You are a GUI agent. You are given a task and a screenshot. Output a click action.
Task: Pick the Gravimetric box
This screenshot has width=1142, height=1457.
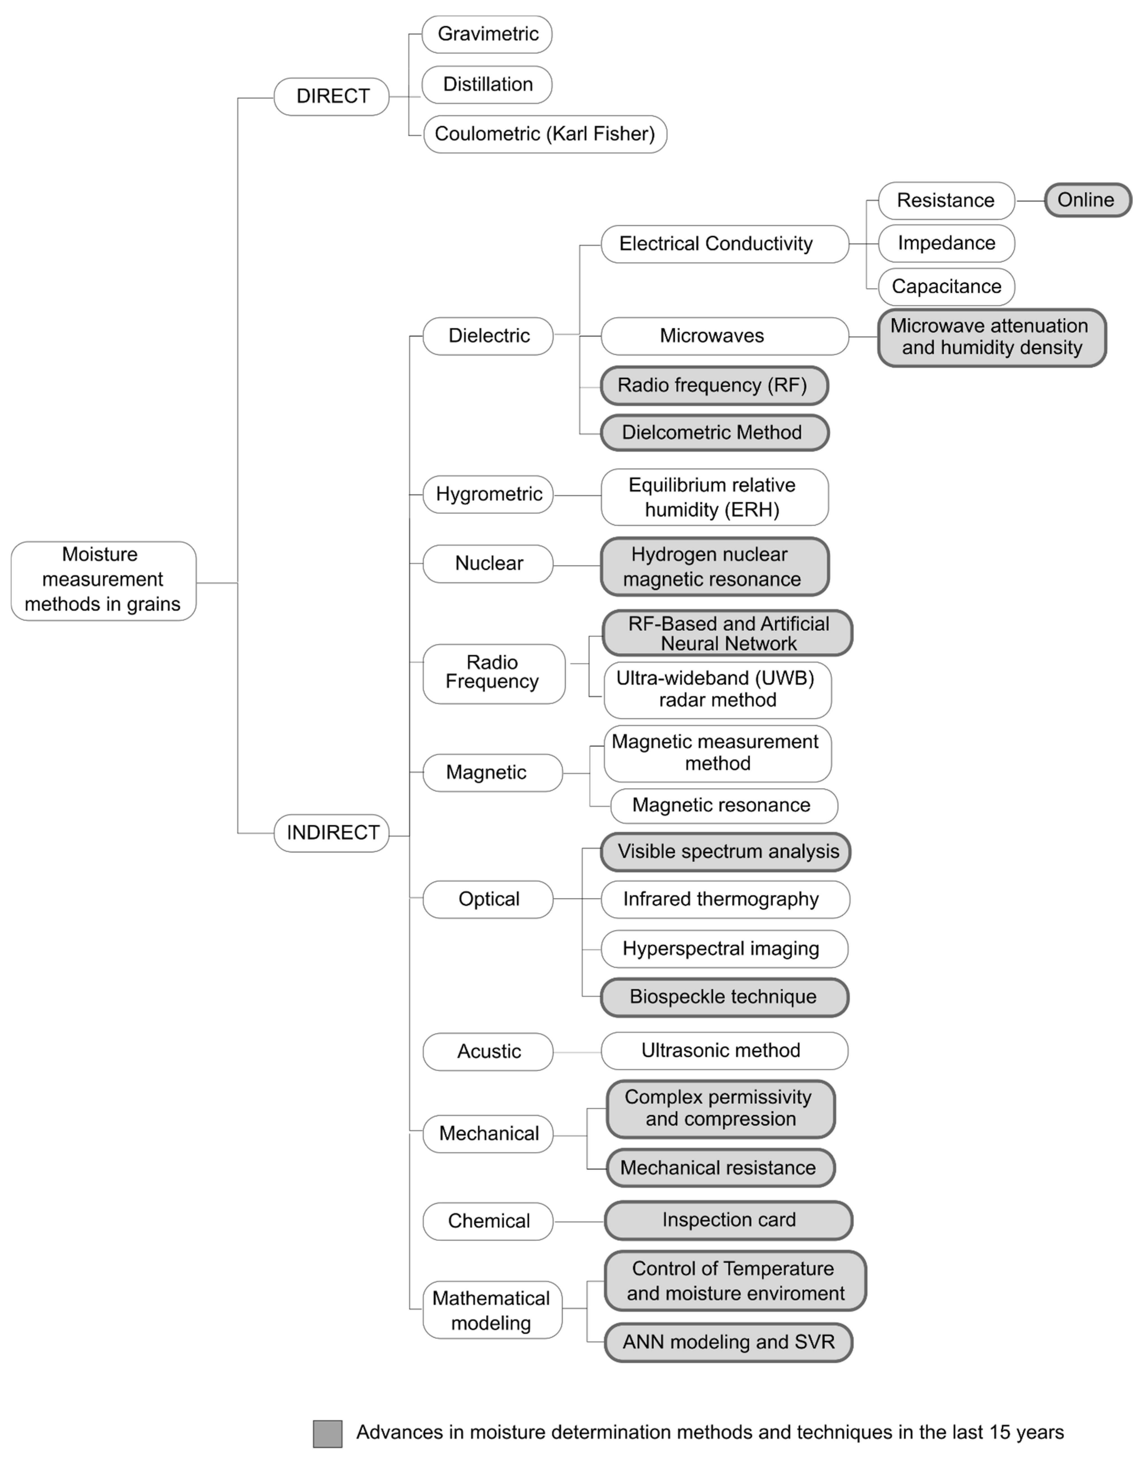pos(487,34)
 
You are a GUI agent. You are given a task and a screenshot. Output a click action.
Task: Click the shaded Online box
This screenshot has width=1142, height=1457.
pos(1087,200)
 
